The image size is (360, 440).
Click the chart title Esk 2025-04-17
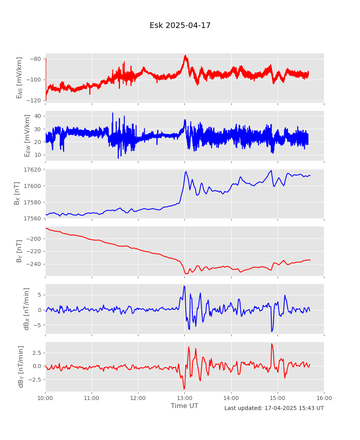(180, 26)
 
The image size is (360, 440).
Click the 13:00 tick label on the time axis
(184, 398)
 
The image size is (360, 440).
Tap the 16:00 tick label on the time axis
(324, 398)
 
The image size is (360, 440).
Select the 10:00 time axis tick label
(45, 398)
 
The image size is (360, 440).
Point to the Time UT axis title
(184, 406)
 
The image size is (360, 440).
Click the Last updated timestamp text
(274, 408)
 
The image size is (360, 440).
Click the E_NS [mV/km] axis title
(19, 78)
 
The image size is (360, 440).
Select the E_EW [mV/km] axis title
(27, 136)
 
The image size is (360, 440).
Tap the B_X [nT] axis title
(17, 194)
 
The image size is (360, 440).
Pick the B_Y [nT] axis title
(19, 251)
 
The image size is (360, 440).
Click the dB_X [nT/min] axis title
(27, 309)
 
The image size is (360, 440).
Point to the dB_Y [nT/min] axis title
(21, 366)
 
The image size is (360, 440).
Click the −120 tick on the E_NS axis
(35, 100)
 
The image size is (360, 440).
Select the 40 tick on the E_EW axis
(37, 116)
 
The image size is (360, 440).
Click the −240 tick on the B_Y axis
(35, 264)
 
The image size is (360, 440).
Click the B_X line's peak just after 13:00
(186, 172)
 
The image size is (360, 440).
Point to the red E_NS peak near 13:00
(185, 56)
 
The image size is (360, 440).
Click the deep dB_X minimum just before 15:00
(272, 331)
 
